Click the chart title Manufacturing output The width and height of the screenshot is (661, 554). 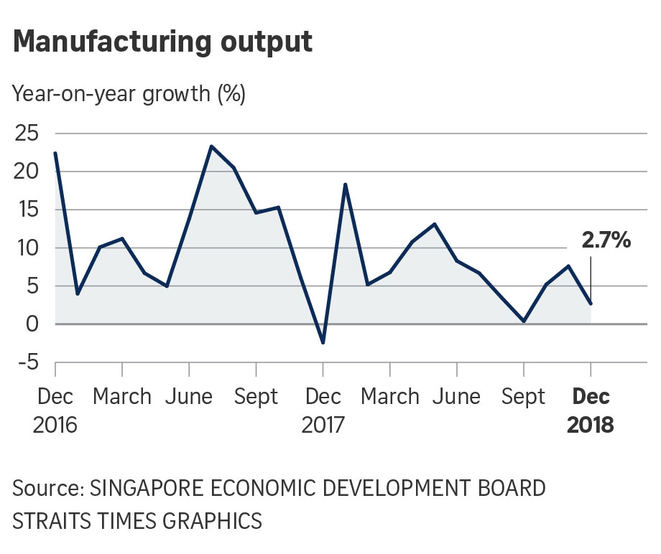point(163,42)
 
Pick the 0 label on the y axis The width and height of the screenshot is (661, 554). point(32,324)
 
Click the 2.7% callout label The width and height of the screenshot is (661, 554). point(606,241)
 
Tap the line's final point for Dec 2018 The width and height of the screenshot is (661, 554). point(591,304)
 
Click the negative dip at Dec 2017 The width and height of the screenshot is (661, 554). point(323,343)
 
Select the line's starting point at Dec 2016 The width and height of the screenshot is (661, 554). point(55,153)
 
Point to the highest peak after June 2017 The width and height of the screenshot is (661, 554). point(211,146)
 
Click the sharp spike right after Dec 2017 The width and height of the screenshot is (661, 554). point(346,184)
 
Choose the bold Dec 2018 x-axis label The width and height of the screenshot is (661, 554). point(591,410)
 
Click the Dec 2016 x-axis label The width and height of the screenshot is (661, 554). point(55,410)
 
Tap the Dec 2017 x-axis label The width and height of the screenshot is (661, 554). point(323,410)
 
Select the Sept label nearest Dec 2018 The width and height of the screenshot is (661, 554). point(523,397)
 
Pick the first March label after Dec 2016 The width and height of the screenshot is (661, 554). point(122,397)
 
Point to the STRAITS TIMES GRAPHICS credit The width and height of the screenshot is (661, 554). point(137,520)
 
